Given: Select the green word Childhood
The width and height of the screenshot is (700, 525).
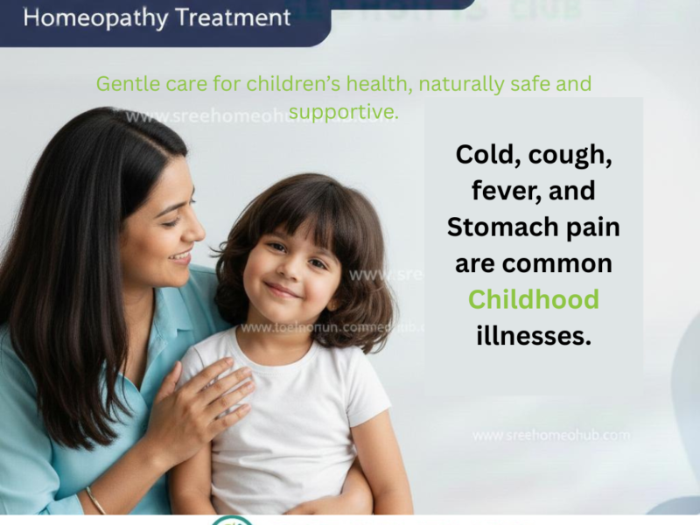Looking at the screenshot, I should [x=534, y=299].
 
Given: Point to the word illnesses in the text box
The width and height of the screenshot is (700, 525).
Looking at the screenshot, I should [x=534, y=334].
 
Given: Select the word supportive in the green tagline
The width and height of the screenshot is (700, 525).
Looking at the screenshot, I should [x=343, y=112].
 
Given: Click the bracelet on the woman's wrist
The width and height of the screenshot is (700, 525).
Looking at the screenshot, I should [x=94, y=501].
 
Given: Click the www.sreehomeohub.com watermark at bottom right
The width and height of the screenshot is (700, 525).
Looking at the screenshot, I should [x=550, y=435].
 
